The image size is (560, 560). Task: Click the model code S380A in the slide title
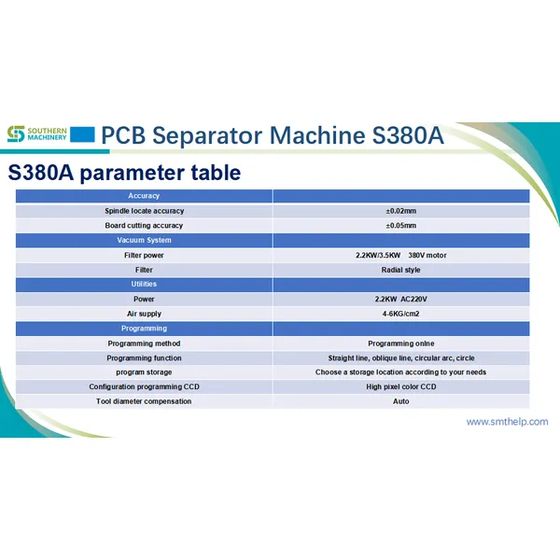[x=404, y=135]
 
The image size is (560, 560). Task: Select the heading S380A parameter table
[x=124, y=173]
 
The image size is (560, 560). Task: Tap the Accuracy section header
[x=144, y=196]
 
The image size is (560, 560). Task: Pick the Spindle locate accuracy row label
[x=144, y=211]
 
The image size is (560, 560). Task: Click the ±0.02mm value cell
[x=400, y=211]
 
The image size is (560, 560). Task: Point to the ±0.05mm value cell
[x=400, y=225]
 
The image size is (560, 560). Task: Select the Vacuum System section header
[x=144, y=240]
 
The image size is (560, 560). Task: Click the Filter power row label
[x=144, y=255]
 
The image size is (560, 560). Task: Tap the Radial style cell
[x=400, y=270]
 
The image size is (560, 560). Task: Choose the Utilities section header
[x=144, y=284]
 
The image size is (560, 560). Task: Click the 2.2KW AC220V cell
[x=400, y=299]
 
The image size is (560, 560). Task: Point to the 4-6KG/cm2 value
[x=400, y=314]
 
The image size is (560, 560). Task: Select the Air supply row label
[x=144, y=314]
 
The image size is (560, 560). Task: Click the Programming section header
[x=144, y=329]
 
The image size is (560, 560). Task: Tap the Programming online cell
[x=400, y=343]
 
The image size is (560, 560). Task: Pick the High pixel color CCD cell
[x=400, y=386]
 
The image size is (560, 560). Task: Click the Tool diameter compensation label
[x=144, y=401]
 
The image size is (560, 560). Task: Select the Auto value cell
[x=400, y=401]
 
